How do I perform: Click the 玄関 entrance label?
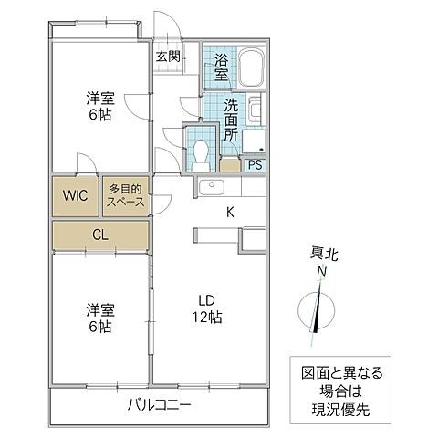coord(167,57)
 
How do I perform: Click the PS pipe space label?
coord(255,165)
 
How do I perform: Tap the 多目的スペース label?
coord(126,196)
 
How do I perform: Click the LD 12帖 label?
coord(207,309)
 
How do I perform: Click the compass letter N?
coord(321,272)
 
